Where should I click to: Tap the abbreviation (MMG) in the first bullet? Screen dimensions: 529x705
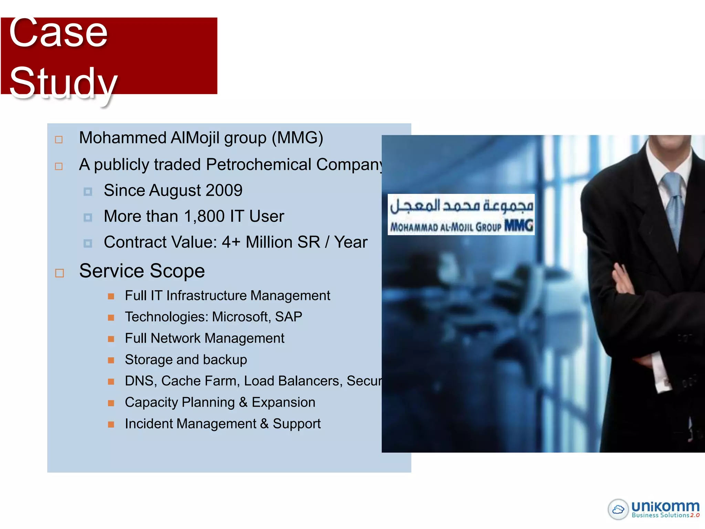click(297, 138)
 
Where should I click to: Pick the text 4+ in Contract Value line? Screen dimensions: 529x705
click(231, 242)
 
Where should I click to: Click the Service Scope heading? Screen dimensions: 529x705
click(142, 271)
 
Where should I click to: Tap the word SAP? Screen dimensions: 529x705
click(288, 317)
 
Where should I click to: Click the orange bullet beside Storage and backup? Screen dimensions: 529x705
click(111, 360)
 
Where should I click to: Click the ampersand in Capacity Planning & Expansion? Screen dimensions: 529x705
click(243, 402)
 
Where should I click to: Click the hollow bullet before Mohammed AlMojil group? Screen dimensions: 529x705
click(59, 139)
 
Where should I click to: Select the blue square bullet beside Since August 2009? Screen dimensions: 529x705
click(88, 191)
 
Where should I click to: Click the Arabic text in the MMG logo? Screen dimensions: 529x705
click(461, 206)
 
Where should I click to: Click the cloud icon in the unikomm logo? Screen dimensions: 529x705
click(618, 509)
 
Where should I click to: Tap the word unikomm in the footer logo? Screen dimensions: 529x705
click(665, 506)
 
